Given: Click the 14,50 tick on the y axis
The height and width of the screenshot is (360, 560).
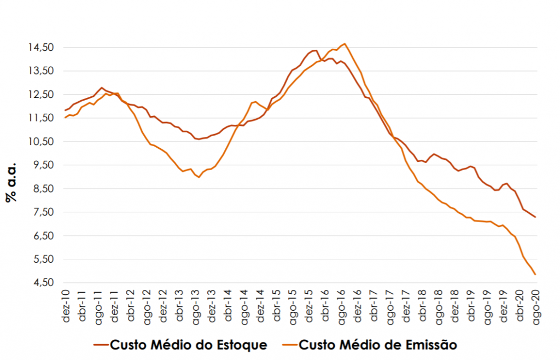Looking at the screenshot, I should (x=42, y=48).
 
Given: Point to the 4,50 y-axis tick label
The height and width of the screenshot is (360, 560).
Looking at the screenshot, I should (x=42, y=283).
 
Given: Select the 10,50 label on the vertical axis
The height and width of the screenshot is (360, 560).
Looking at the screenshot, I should (x=42, y=142).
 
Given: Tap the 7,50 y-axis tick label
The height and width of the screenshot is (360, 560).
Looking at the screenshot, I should (x=42, y=212).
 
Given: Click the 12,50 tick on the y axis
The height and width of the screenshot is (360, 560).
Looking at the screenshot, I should (x=42, y=95).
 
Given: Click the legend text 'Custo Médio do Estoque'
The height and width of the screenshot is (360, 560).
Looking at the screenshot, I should (x=189, y=345).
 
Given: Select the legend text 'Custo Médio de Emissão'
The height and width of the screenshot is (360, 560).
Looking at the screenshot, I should (x=378, y=345).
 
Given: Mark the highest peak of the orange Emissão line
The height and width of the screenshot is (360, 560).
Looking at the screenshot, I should (x=345, y=44).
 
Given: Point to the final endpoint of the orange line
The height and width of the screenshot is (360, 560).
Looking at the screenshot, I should (x=535, y=275).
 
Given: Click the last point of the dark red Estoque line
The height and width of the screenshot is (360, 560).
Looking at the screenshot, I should (x=535, y=217).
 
